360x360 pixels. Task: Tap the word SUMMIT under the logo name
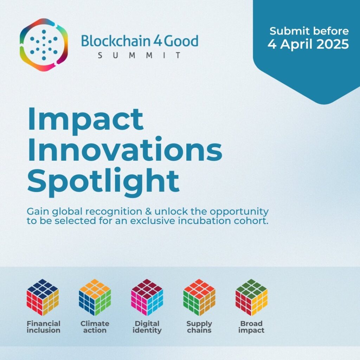tap(139, 55)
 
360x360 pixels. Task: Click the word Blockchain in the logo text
tap(115, 41)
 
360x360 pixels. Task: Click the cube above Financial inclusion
tap(43, 297)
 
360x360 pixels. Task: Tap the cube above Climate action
tap(95, 297)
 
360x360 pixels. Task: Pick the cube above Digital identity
tap(147, 297)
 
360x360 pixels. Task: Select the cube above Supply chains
tap(199, 297)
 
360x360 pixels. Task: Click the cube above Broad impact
tap(251, 297)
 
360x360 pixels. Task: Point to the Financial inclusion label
tap(43, 327)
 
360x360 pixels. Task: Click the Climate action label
tap(95, 327)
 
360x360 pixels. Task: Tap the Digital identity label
tap(147, 327)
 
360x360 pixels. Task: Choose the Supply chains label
tap(199, 327)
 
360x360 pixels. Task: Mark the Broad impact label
tap(251, 327)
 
